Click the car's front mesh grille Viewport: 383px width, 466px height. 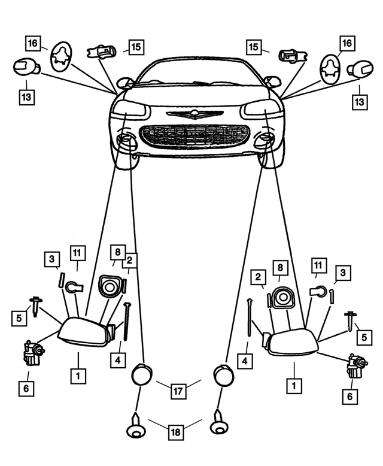tap(194, 136)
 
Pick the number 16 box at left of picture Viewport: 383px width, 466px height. tap(33, 43)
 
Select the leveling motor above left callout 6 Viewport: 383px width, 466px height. tap(32, 352)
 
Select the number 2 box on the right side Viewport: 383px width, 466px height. tap(259, 277)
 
